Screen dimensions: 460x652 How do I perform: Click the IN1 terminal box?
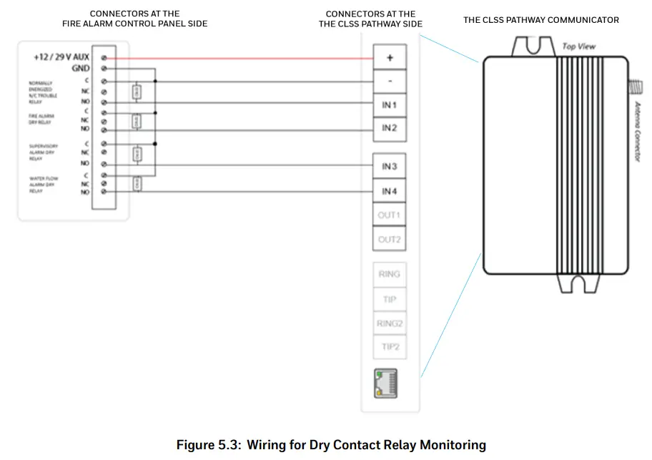pos(389,105)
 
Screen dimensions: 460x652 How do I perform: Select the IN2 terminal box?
pos(389,129)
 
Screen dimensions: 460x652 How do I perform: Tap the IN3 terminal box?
pos(389,167)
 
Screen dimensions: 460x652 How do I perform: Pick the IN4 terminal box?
pos(389,191)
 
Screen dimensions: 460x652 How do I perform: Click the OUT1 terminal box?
pos(389,215)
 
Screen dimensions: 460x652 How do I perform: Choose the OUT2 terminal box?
pos(389,240)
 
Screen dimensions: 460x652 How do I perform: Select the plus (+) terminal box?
pos(389,58)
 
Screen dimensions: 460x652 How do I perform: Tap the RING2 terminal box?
pos(389,323)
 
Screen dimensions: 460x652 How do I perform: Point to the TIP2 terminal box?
pos(389,347)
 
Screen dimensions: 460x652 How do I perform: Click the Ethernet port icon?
pos(385,384)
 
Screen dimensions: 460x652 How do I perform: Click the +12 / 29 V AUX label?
pos(61,57)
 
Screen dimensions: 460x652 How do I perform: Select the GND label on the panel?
pos(80,69)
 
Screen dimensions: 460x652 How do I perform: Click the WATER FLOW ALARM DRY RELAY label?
pos(43,185)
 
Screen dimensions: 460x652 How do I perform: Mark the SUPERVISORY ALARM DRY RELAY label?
pos(43,152)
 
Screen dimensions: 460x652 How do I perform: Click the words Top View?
pos(579,47)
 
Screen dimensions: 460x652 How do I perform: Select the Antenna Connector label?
pos(638,131)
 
